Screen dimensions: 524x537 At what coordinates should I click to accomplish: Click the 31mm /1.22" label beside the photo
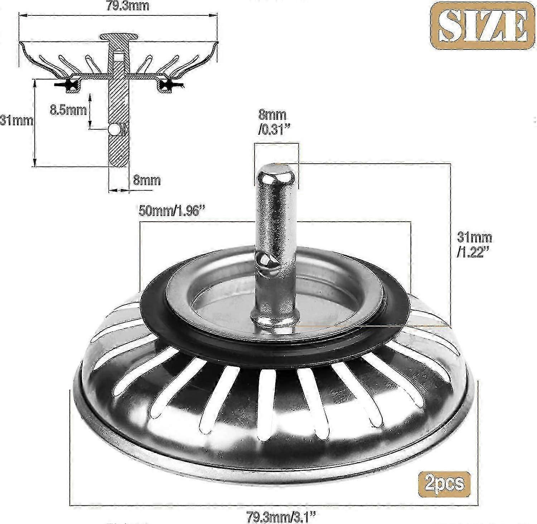pyautogui.click(x=474, y=244)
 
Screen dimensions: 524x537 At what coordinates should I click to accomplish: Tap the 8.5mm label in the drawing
pyautogui.click(x=68, y=110)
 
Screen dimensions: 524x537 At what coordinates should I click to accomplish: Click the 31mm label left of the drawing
pyautogui.click(x=16, y=121)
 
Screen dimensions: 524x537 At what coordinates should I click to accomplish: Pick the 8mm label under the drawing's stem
pyautogui.click(x=147, y=180)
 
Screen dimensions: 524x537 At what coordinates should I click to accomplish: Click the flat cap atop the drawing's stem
pyautogui.click(x=118, y=37)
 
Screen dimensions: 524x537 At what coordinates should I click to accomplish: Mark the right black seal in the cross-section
pyautogui.click(x=167, y=85)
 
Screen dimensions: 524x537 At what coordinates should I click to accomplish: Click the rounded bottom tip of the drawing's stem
pyautogui.click(x=118, y=163)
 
